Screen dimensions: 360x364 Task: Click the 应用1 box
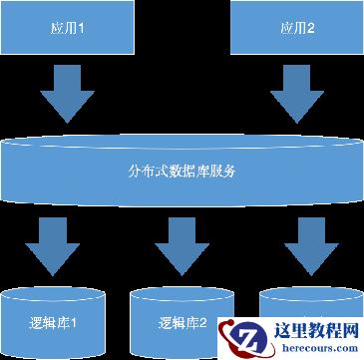[69, 28]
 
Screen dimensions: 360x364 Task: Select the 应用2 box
[295, 28]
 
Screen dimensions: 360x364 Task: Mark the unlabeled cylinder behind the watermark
[299, 304]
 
